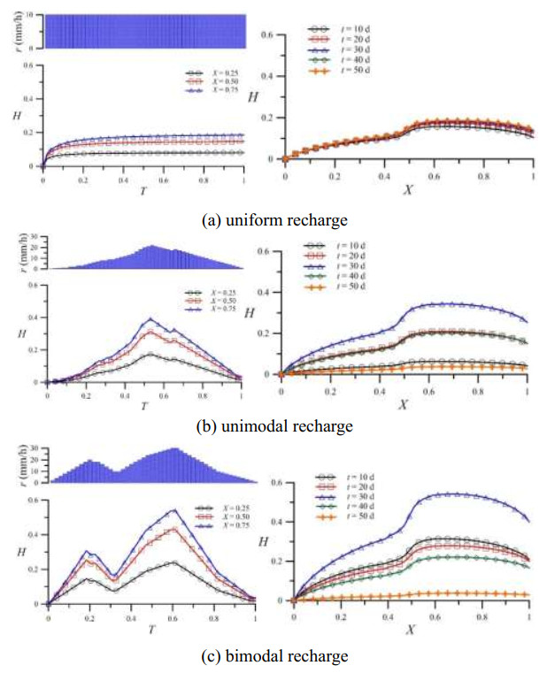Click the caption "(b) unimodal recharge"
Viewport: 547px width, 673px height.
(x=273, y=426)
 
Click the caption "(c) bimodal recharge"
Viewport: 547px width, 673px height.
(x=273, y=655)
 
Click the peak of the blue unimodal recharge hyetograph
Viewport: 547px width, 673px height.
(x=151, y=247)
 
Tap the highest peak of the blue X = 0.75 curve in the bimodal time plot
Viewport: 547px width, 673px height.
(x=173, y=509)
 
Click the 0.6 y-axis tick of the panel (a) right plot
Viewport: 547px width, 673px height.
(x=273, y=35)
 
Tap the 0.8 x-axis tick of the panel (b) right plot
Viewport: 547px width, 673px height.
(x=478, y=387)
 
